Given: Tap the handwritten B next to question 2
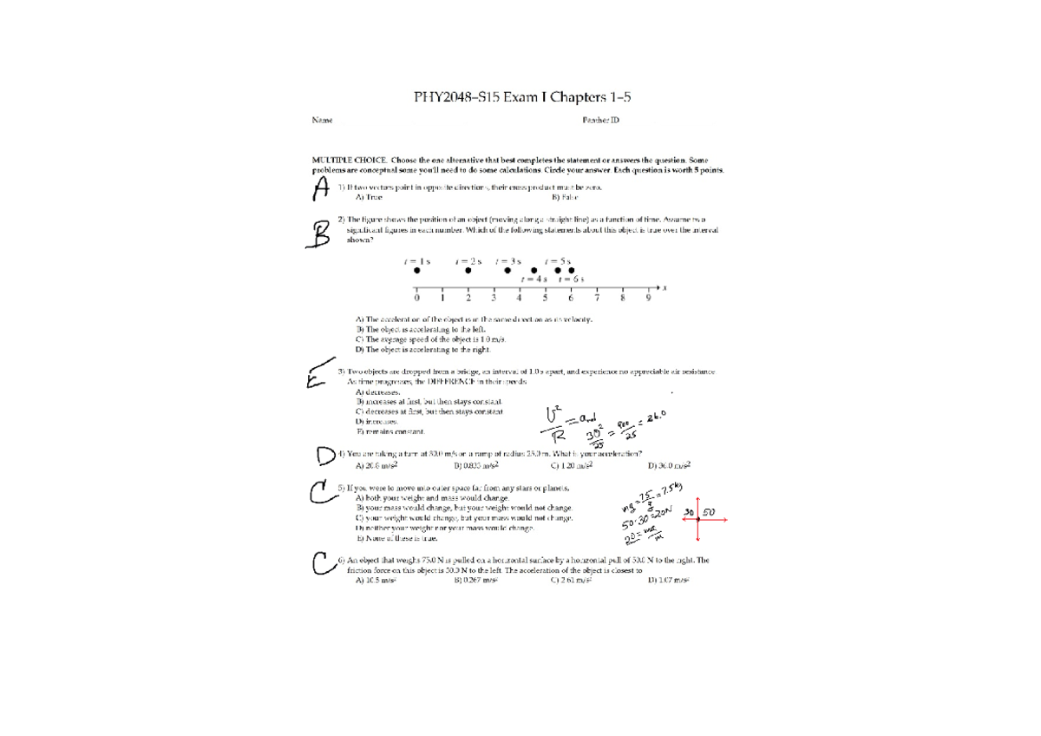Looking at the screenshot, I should click(x=320, y=233).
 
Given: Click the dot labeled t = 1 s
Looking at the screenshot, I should click(x=416, y=270).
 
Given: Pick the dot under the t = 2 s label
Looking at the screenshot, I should click(x=468, y=270).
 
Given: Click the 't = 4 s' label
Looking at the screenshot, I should click(x=534, y=279).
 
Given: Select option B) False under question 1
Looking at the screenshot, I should click(x=565, y=197).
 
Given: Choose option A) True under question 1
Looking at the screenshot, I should click(x=370, y=197).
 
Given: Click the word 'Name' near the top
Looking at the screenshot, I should click(x=322, y=121).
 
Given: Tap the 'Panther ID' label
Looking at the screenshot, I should click(x=601, y=121).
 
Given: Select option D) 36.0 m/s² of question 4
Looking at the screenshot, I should click(x=670, y=465).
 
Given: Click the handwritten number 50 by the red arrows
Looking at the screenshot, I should click(x=709, y=513).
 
